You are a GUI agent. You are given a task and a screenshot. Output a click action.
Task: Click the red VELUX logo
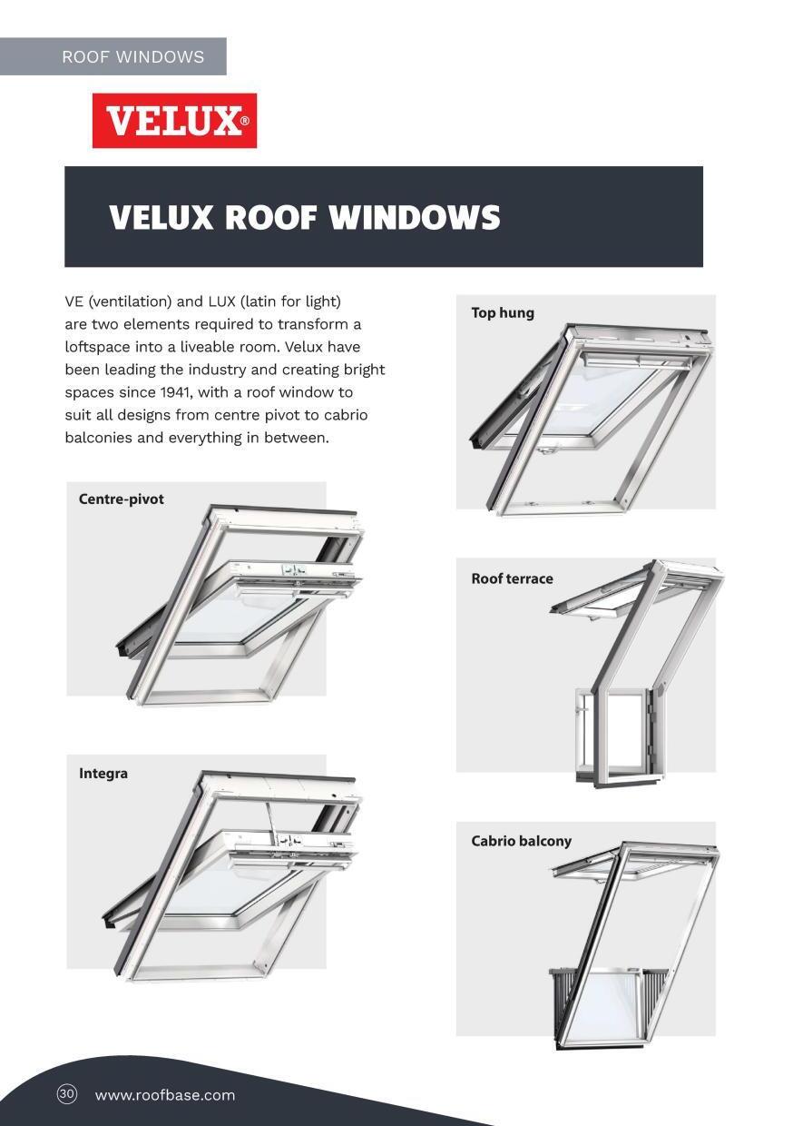(x=174, y=121)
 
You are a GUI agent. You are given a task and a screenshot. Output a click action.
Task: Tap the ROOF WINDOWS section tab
(x=132, y=56)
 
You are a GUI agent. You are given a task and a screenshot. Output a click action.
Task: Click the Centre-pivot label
(x=122, y=499)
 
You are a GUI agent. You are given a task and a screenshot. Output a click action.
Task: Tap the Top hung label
(x=503, y=313)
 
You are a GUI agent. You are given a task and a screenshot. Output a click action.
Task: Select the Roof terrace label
(x=512, y=579)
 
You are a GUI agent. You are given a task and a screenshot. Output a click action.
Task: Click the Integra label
(x=103, y=774)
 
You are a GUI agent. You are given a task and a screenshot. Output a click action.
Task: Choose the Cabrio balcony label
(x=522, y=842)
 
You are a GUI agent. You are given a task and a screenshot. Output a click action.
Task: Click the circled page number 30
(x=67, y=1094)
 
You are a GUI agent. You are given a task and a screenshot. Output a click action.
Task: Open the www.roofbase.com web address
(x=165, y=1095)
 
